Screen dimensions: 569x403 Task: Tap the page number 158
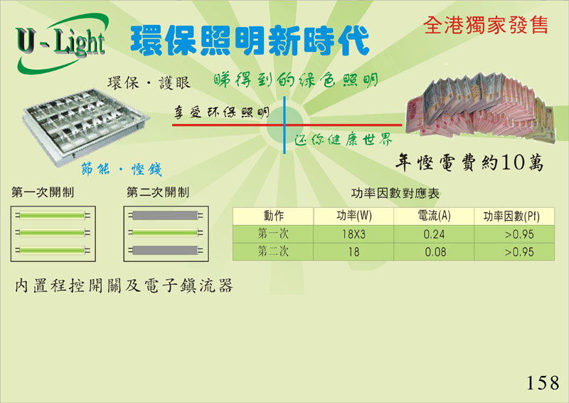(x=543, y=382)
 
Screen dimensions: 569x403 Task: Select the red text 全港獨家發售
(x=486, y=25)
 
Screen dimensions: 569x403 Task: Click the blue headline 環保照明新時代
(x=250, y=41)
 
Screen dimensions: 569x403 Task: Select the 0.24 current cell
(x=434, y=234)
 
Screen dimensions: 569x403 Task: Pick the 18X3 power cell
(x=353, y=234)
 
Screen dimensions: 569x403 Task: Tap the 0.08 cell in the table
(x=435, y=252)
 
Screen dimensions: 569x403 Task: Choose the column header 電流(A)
(x=434, y=216)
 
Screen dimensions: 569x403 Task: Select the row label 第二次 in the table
(x=273, y=251)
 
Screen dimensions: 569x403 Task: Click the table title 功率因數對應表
(x=395, y=194)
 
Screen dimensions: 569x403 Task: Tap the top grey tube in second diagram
(x=165, y=216)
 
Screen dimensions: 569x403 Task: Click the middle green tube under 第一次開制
(x=52, y=233)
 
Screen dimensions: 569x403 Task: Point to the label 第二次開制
(x=158, y=192)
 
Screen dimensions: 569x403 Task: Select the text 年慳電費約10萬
(x=469, y=162)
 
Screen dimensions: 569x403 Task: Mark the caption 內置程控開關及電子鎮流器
(x=124, y=286)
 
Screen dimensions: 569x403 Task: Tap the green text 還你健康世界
(x=344, y=140)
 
